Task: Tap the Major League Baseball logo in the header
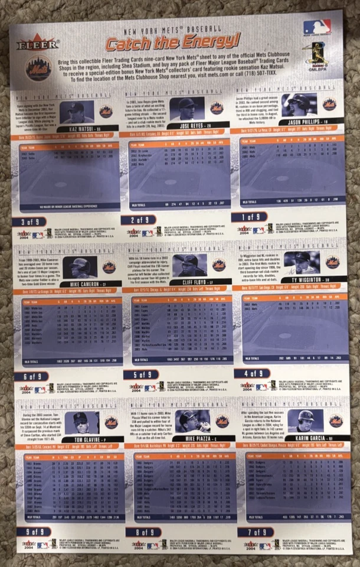tap(317, 28)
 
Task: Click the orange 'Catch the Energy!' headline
tap(173, 41)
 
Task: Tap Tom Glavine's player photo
tap(86, 423)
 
